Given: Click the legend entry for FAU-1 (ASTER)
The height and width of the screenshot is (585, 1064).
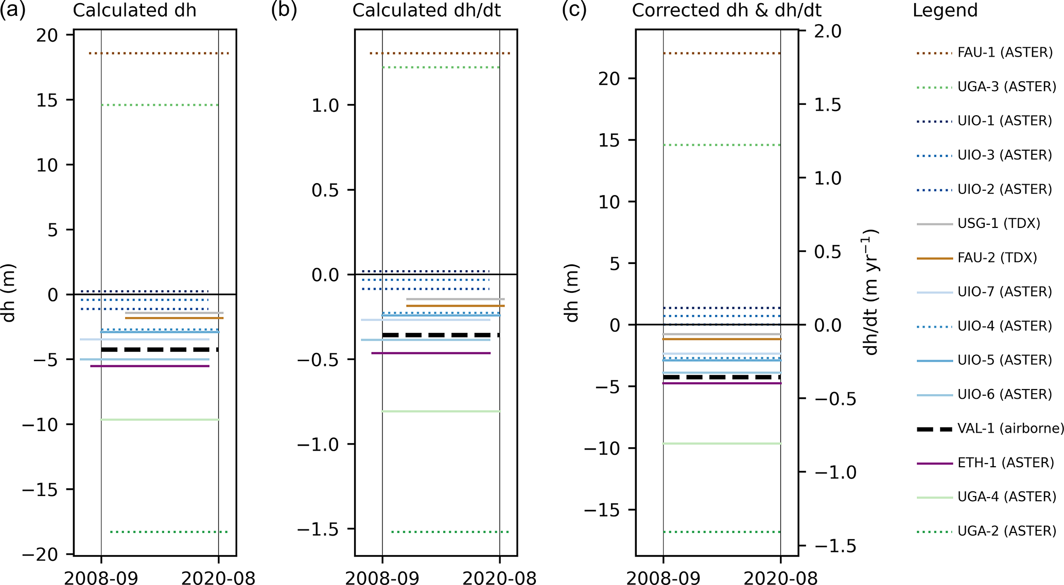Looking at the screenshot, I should click(x=1004, y=52).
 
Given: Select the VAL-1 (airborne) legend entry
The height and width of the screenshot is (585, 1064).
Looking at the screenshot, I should click(x=1010, y=429).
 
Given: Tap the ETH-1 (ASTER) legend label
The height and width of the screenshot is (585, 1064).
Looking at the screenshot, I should click(x=1006, y=463).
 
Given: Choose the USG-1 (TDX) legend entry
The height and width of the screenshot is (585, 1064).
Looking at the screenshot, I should click(x=999, y=224).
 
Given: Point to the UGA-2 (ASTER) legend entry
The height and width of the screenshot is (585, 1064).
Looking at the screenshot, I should click(x=1006, y=531).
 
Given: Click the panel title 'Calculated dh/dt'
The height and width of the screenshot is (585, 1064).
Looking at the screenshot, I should click(x=426, y=10).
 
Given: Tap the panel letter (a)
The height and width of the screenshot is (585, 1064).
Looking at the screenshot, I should click(x=13, y=10).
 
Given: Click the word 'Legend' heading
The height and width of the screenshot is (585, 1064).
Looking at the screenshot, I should click(x=945, y=10).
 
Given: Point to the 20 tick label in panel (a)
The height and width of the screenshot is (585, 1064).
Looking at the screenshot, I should click(x=47, y=36).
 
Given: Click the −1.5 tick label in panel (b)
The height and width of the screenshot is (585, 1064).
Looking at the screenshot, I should click(x=318, y=529).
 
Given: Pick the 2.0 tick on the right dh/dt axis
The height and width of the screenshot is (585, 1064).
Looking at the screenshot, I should click(x=827, y=31).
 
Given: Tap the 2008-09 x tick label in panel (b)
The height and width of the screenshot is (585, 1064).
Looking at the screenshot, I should click(x=382, y=578).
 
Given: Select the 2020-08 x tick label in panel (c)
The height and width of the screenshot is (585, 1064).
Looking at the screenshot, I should click(x=780, y=578).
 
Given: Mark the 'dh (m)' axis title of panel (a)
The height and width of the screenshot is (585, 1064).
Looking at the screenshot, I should click(x=9, y=293).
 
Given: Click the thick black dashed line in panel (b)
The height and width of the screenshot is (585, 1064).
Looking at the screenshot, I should click(x=441, y=335).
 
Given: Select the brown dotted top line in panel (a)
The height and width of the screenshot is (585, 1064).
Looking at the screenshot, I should click(x=159, y=54).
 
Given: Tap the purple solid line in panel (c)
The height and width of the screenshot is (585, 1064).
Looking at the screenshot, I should click(x=722, y=383).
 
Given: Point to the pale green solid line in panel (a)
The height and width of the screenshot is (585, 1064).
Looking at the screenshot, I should click(x=160, y=420).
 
